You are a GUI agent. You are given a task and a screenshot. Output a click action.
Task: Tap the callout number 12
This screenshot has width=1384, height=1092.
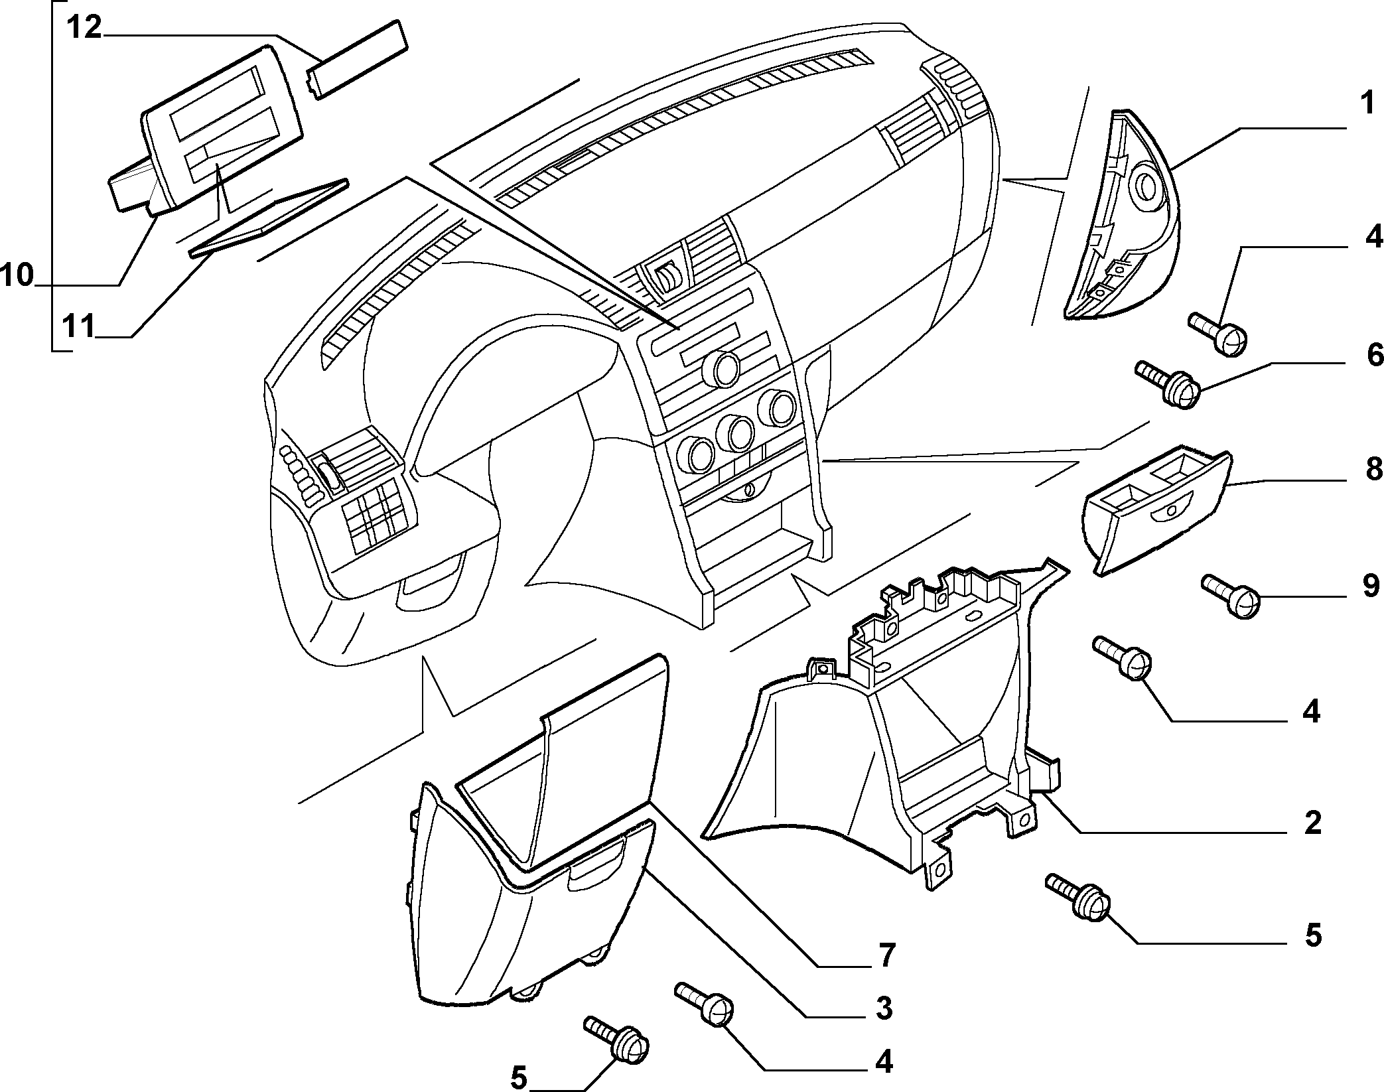(84, 29)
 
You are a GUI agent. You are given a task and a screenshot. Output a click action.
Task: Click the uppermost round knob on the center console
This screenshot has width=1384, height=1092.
(722, 369)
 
